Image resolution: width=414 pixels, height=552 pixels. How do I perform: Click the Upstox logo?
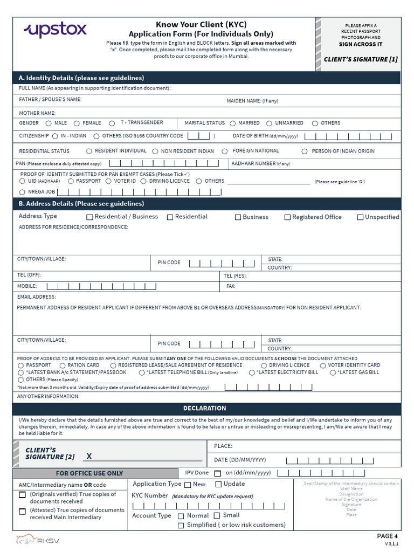tap(54, 30)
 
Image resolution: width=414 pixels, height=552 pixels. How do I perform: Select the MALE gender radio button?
tap(48, 123)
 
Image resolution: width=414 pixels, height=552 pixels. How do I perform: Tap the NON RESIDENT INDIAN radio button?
tap(155, 151)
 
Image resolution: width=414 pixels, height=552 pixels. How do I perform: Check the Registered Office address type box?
tap(287, 217)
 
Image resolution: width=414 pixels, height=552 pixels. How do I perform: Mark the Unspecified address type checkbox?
tap(360, 217)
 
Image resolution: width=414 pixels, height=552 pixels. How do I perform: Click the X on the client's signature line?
tap(89, 457)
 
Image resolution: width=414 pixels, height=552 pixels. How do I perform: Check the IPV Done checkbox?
tap(218, 473)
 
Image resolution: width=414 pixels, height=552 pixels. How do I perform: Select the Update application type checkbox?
tap(218, 485)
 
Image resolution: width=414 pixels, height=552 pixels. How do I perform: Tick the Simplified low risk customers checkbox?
tap(181, 526)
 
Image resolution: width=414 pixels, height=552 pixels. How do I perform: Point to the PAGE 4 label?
tap(388, 536)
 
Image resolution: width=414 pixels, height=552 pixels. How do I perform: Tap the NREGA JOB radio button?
tap(22, 192)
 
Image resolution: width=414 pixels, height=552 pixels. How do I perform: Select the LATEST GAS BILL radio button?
tap(332, 372)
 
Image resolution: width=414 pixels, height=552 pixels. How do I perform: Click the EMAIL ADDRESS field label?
tap(36, 297)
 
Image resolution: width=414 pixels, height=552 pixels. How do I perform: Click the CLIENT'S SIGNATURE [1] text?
tap(361, 59)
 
